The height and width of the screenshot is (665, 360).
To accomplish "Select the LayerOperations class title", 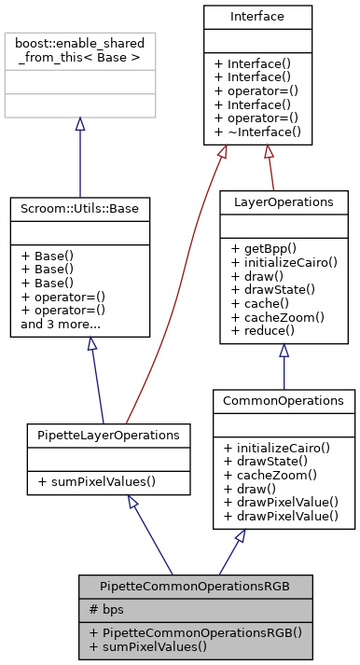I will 284,202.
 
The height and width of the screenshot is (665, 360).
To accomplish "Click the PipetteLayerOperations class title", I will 108,435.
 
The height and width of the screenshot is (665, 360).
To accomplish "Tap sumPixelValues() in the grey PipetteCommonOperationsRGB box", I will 142,646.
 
